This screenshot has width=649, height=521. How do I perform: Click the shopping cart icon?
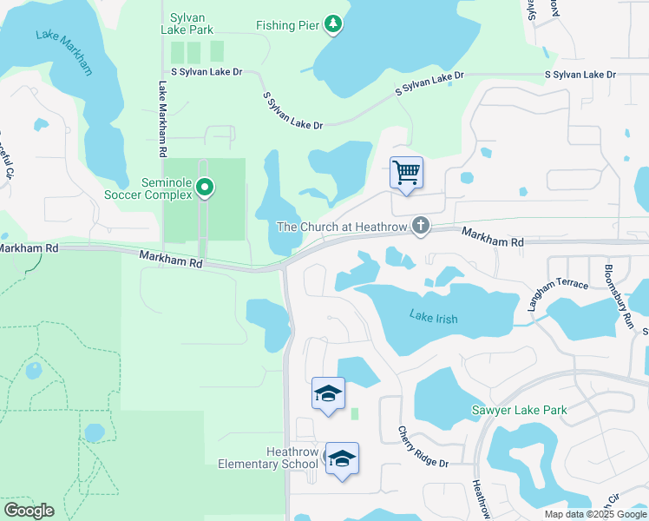pos(406,172)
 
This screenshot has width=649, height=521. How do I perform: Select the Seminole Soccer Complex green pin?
pos(205,187)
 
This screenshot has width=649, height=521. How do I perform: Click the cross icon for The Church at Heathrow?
pos(420,227)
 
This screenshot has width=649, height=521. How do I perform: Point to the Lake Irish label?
pos(433,319)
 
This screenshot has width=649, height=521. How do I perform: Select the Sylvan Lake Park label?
pos(187,23)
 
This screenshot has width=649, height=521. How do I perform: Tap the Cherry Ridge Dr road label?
pos(423,447)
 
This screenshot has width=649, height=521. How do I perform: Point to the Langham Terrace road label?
pos(558,293)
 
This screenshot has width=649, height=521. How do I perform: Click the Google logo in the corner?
pos(29,511)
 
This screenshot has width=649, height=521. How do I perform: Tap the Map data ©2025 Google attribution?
pos(595,514)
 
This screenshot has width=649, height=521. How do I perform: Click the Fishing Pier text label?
pos(287,25)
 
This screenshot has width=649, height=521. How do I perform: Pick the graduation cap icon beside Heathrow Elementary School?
pos(342,460)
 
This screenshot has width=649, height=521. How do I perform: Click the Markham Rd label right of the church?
pos(493,236)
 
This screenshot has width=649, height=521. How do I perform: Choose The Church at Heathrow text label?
pos(342,227)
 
